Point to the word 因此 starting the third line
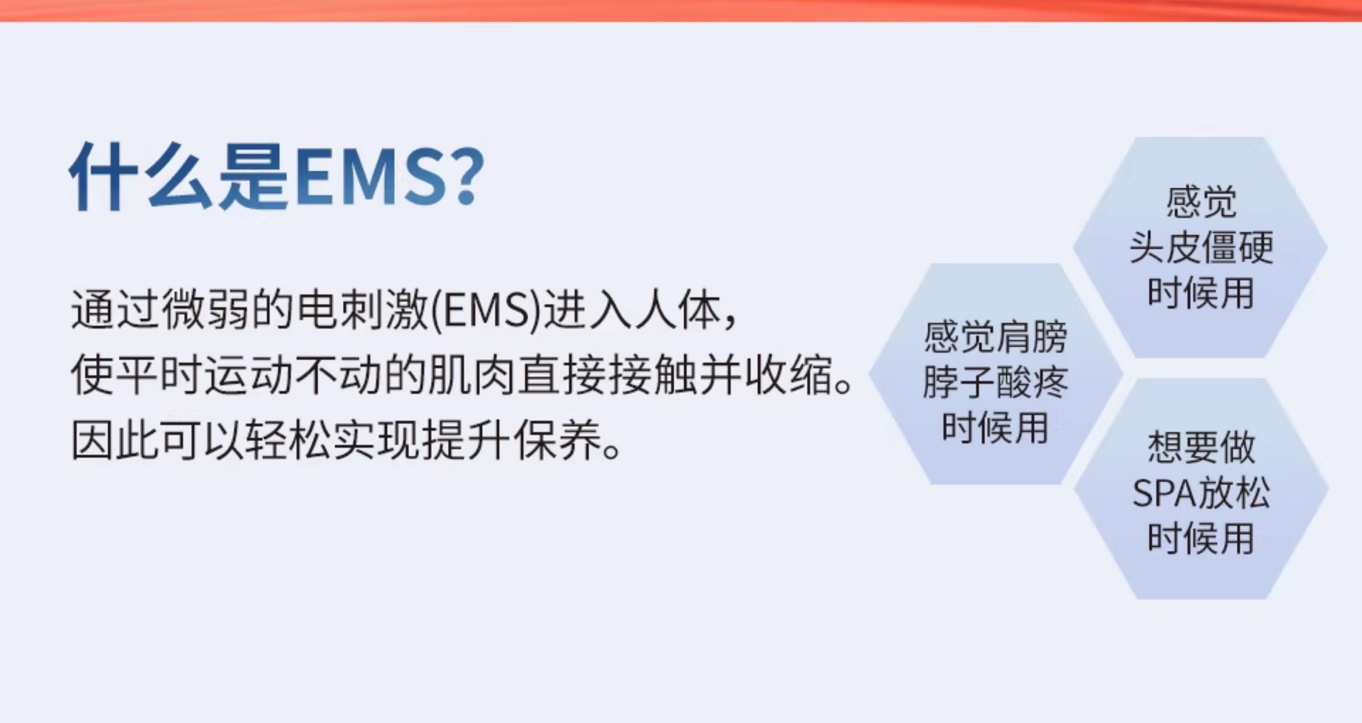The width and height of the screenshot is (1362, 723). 115,441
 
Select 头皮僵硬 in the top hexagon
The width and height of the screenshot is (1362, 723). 1201,247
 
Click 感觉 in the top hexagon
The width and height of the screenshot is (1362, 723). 1201,202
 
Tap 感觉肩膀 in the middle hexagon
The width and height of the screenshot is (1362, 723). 995,337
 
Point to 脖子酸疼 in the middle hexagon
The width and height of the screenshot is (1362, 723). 995,382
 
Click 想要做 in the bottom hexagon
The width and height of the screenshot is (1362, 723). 1201,447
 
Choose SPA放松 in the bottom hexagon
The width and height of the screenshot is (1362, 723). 1201,493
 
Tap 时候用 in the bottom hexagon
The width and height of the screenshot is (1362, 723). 1201,538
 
